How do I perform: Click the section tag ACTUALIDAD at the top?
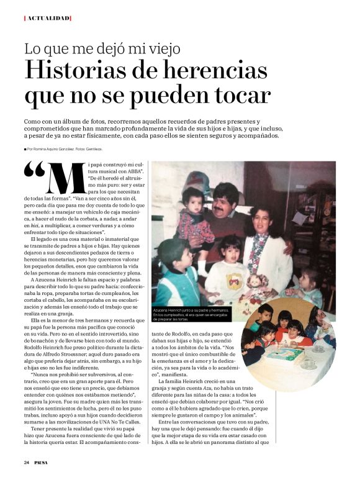[47, 18]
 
